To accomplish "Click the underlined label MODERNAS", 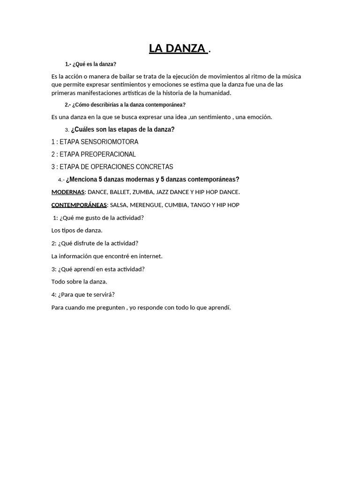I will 67,192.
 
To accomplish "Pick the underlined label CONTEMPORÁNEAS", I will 79,205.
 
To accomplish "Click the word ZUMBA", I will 143,192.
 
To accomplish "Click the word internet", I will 150,256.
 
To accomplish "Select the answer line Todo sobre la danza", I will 79,282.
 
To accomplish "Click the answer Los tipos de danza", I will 77,231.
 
